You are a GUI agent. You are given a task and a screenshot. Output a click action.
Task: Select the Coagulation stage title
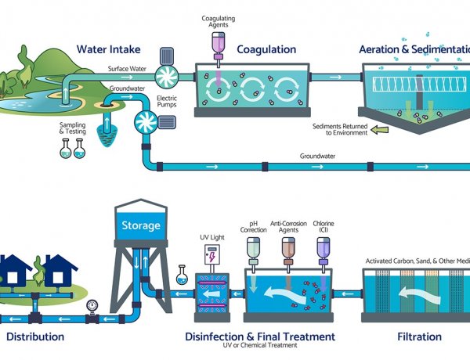266,49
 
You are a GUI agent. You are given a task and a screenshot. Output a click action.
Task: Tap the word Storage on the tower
140,226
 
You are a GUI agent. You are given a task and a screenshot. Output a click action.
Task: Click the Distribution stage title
35,337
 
